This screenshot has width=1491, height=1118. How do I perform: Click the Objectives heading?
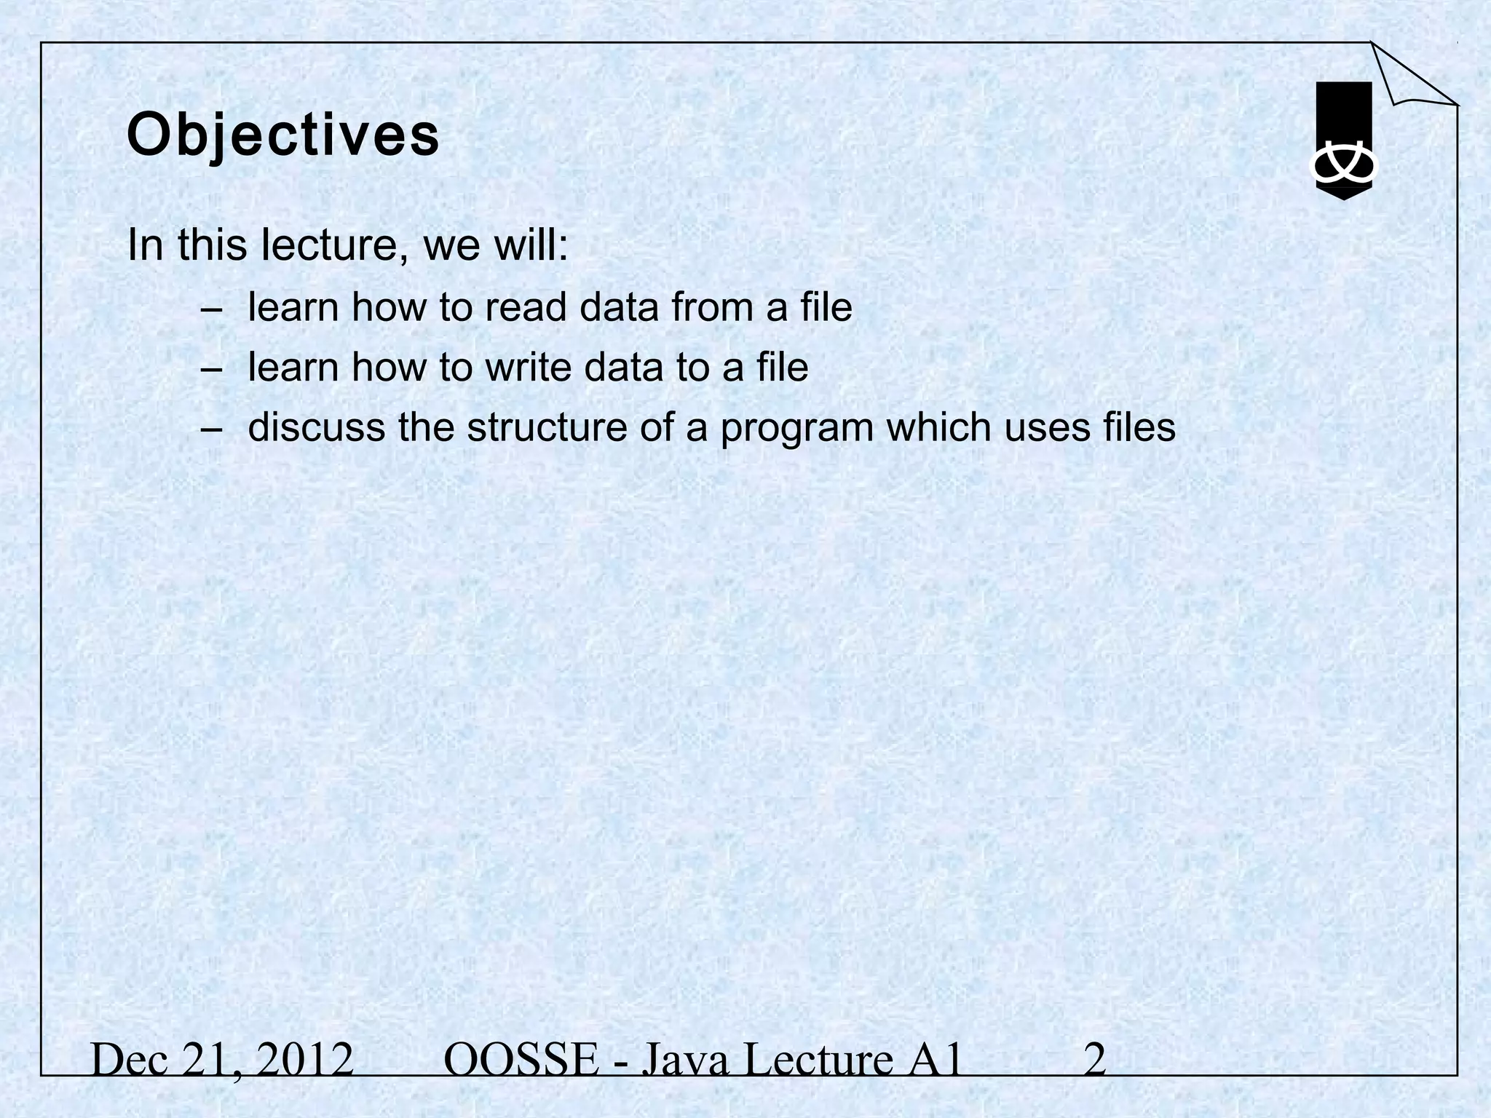point(283,136)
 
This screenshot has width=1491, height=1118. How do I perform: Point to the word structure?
point(547,427)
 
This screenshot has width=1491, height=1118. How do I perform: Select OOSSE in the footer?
point(520,1060)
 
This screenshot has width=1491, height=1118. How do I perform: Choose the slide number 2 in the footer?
point(1095,1060)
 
